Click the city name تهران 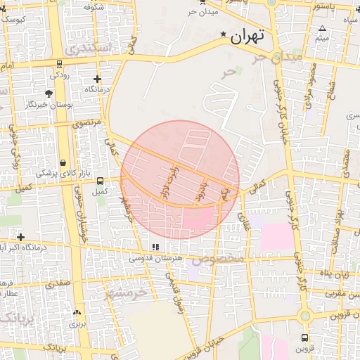248,34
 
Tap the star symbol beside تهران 224,34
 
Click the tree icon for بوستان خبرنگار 49,94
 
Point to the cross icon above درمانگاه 97,79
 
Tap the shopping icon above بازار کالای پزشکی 63,162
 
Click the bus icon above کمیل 99,181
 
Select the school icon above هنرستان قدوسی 155,247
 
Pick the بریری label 77,325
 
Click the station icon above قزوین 304,337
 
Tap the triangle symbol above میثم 322,29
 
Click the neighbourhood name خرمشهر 130,290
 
